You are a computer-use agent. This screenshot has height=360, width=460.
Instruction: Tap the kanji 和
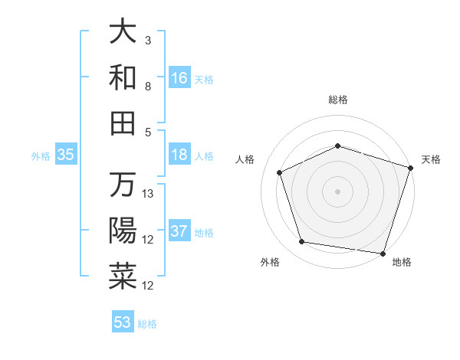point(123,77)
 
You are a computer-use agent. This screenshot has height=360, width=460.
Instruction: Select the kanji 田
point(123,122)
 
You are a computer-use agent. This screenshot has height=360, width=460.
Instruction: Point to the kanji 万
point(123,185)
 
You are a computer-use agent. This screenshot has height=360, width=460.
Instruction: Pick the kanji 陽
point(123,230)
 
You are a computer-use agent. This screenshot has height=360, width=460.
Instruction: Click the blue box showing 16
point(179,77)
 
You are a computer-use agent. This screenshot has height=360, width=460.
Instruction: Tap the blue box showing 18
point(179,155)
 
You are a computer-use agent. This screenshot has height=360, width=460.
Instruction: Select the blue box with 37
point(179,231)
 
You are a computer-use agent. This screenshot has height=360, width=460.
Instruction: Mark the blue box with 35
point(66,155)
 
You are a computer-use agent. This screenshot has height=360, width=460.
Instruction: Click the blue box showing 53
point(123,322)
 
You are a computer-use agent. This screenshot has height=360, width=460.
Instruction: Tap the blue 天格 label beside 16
point(204,79)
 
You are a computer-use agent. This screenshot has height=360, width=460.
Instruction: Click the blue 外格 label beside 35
point(41,155)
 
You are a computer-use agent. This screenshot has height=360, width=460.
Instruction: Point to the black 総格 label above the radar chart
point(338,100)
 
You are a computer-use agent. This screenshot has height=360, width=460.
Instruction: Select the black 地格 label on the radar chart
point(402,263)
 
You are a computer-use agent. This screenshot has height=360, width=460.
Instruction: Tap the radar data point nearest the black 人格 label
point(280,172)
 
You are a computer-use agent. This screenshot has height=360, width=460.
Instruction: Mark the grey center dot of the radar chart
point(338,191)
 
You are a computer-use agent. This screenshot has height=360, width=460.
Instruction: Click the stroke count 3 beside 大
point(148,40)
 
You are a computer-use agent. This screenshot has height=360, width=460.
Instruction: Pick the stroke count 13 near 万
point(149,194)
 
